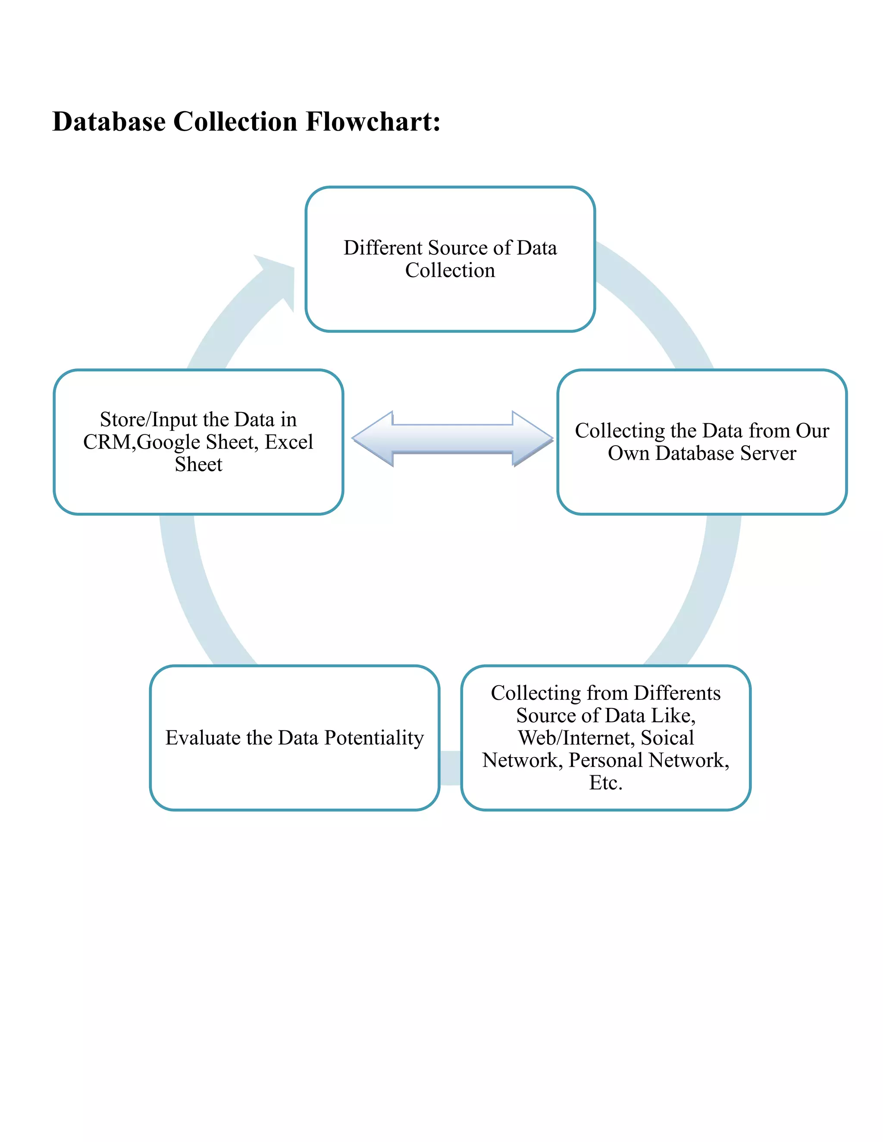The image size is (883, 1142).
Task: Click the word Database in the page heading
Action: coord(109,122)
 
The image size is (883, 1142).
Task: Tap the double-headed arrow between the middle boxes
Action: coord(452,438)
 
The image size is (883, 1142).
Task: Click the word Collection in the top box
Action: coord(450,270)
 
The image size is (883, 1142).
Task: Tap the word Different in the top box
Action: coord(375,248)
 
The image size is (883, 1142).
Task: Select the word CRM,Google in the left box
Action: coord(141,443)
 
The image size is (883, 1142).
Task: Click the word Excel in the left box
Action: coord(289,443)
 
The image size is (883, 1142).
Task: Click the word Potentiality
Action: coord(374,737)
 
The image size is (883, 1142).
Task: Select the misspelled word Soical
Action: coord(667,737)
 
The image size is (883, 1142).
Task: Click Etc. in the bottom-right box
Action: coord(606,783)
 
